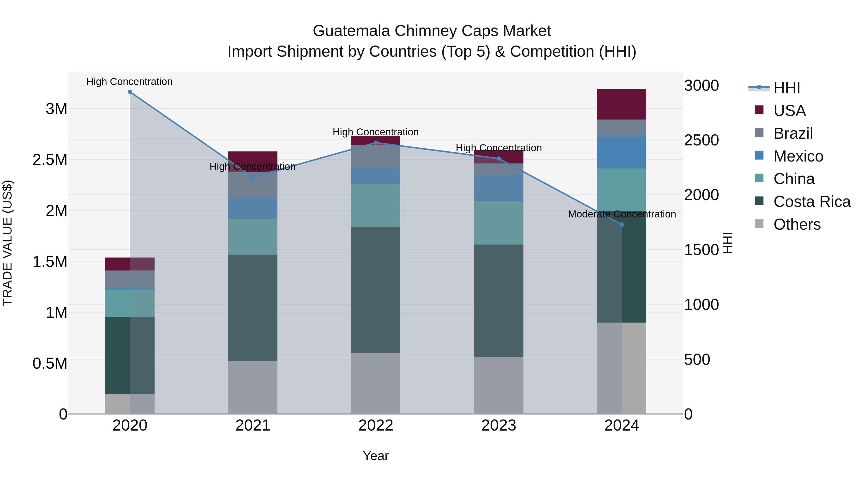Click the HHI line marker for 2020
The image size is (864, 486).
tap(130, 92)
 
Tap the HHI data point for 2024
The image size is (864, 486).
tap(622, 224)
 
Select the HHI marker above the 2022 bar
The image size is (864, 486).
tap(376, 143)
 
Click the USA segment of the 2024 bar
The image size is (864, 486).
tap(622, 104)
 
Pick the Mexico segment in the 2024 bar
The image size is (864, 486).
tap(622, 153)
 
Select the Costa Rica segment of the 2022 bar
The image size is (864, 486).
tap(376, 290)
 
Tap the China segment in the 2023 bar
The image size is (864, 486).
tap(498, 223)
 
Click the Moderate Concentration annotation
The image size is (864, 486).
tap(622, 214)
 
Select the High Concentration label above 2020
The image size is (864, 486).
tap(129, 82)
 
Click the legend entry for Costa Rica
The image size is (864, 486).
tap(812, 202)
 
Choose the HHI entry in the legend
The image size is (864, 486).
tap(786, 88)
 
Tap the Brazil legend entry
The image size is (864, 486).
tap(793, 133)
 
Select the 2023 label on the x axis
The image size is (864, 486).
tap(498, 426)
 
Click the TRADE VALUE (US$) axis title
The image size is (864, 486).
tap(7, 243)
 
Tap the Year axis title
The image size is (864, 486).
tap(376, 456)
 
